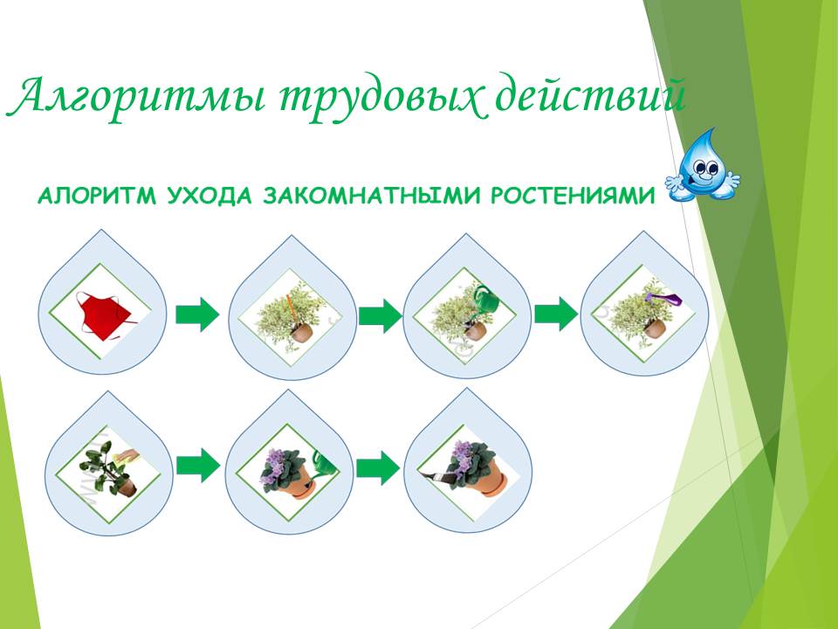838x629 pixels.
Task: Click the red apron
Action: tap(104, 315)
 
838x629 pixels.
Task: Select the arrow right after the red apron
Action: tap(197, 314)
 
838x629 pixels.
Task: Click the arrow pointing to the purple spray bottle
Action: tap(556, 314)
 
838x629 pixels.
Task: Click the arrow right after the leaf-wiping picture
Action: tap(198, 466)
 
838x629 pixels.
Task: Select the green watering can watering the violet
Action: tap(324, 464)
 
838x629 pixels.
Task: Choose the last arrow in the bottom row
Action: tap(378, 467)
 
